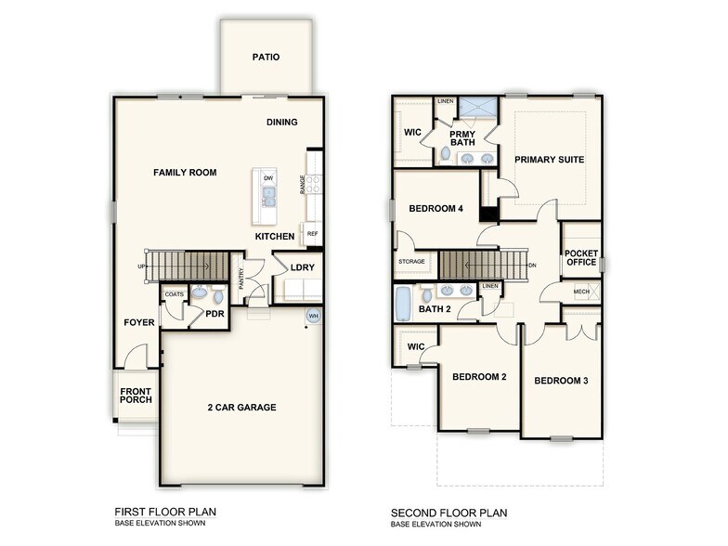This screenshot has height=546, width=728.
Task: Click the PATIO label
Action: pos(266,58)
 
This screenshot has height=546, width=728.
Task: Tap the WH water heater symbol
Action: pos(313,317)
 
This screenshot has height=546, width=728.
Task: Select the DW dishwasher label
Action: pos(268,177)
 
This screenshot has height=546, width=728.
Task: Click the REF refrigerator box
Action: pos(312,234)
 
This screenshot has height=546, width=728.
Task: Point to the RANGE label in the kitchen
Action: pos(303,184)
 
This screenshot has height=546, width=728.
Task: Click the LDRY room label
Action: pos(302,267)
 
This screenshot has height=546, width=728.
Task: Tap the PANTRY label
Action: pos(241,278)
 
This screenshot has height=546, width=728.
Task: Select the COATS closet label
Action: pos(174,294)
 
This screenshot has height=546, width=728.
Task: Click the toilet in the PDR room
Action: pos(218,297)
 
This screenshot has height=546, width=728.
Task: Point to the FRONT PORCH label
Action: pos(136,395)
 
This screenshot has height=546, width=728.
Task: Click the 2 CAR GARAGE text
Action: pos(240,407)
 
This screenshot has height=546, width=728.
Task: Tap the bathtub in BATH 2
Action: pos(403,302)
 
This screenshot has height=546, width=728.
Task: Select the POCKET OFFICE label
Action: pos(581,257)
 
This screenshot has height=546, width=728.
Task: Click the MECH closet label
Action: pos(581,292)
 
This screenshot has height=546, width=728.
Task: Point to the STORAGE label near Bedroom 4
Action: pos(411,262)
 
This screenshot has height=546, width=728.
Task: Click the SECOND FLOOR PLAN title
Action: pos(448,513)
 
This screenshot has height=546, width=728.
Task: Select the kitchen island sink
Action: pos(268,196)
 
